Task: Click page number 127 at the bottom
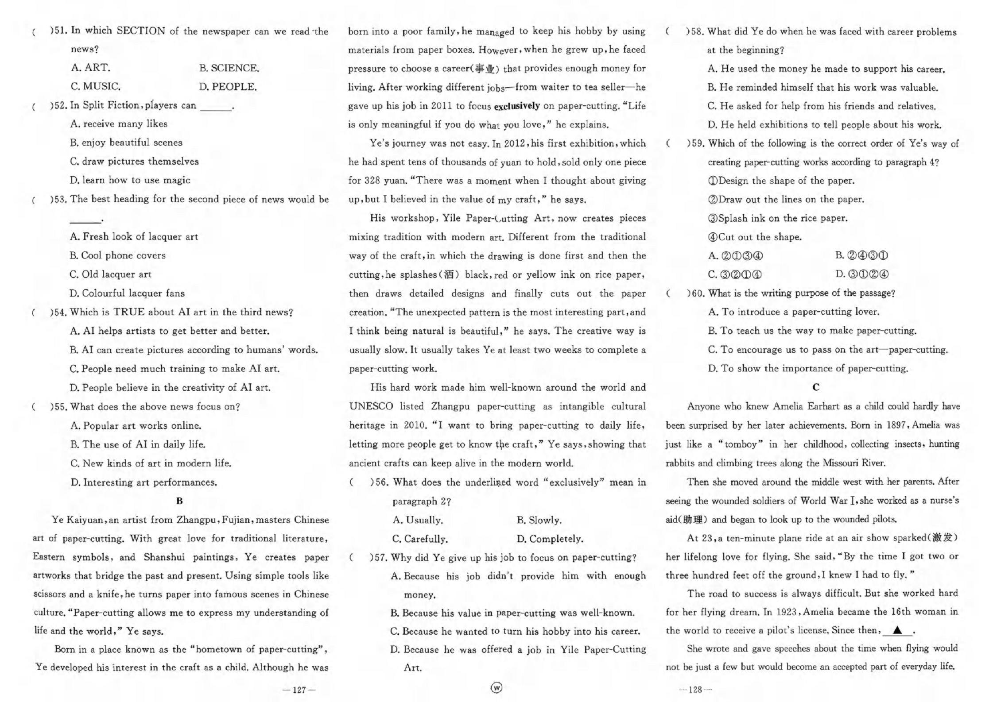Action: (299, 690)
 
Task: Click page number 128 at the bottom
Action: (695, 690)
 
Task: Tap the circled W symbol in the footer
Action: (497, 687)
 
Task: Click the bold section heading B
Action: (179, 501)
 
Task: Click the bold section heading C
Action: (816, 387)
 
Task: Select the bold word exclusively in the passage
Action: (516, 106)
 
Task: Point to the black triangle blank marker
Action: (897, 630)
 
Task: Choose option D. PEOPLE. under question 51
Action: (228, 87)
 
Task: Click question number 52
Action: (60, 105)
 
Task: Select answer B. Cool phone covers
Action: (117, 255)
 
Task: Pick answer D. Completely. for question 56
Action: (550, 539)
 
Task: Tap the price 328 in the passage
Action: (372, 181)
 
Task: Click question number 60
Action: (696, 293)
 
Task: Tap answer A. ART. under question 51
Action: (90, 68)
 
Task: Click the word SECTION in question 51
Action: (140, 31)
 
